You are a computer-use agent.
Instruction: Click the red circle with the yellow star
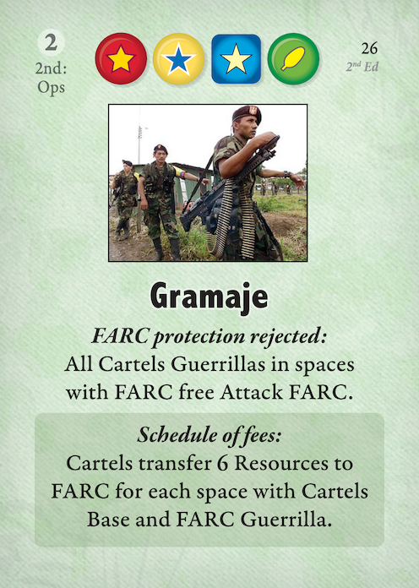coord(121,58)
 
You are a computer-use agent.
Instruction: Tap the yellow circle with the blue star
coord(178,58)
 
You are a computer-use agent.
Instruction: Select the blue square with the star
coord(236,58)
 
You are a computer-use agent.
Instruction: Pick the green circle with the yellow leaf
coord(293,58)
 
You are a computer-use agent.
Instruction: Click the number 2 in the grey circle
coord(51,42)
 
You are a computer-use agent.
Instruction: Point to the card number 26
coord(369,48)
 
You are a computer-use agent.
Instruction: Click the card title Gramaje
coord(209,297)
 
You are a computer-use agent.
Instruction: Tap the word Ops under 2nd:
coord(51,87)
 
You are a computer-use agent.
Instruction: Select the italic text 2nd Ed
coord(362,67)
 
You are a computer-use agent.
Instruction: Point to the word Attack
coord(252,392)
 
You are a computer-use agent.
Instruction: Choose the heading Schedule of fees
coord(209,435)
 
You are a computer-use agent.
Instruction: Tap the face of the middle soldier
coord(161,154)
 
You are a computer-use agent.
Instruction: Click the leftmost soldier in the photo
coord(125,199)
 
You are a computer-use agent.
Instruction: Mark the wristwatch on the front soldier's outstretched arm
coord(287,174)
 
